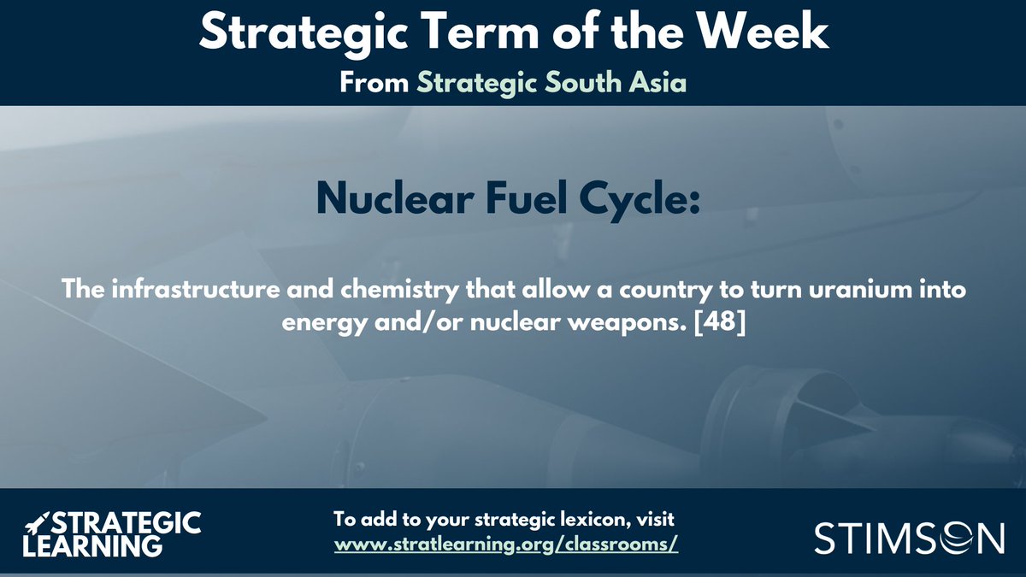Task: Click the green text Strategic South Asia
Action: click(551, 85)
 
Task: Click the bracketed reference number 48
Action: click(725, 326)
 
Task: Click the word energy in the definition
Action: click(315, 326)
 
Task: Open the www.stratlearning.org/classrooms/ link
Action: click(506, 545)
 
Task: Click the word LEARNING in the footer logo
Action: click(92, 545)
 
